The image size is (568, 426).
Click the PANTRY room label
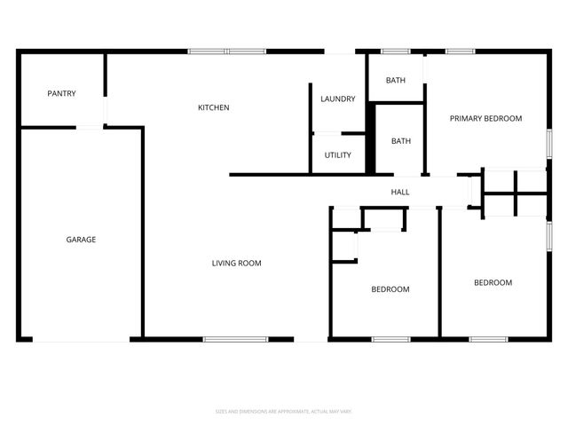point(61,93)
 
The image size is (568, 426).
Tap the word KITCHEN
point(213,107)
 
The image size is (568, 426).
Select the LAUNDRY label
point(337,99)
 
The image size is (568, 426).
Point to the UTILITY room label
point(337,155)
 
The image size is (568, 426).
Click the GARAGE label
point(81,240)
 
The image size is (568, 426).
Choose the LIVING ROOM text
point(236,263)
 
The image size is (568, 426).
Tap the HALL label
point(400,192)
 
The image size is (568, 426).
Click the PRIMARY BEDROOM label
point(485,118)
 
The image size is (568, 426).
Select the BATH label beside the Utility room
point(401,141)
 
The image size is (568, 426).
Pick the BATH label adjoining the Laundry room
point(396,81)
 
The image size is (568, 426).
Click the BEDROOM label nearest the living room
point(390,289)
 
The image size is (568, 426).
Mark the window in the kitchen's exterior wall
point(227,51)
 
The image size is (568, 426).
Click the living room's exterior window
point(235,339)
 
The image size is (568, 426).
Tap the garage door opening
point(81,339)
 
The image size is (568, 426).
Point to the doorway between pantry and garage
point(90,128)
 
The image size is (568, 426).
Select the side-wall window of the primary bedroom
point(548,144)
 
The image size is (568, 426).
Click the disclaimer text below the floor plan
point(284,411)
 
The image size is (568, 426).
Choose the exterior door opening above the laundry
point(340,51)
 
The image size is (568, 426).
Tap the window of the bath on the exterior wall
point(395,51)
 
